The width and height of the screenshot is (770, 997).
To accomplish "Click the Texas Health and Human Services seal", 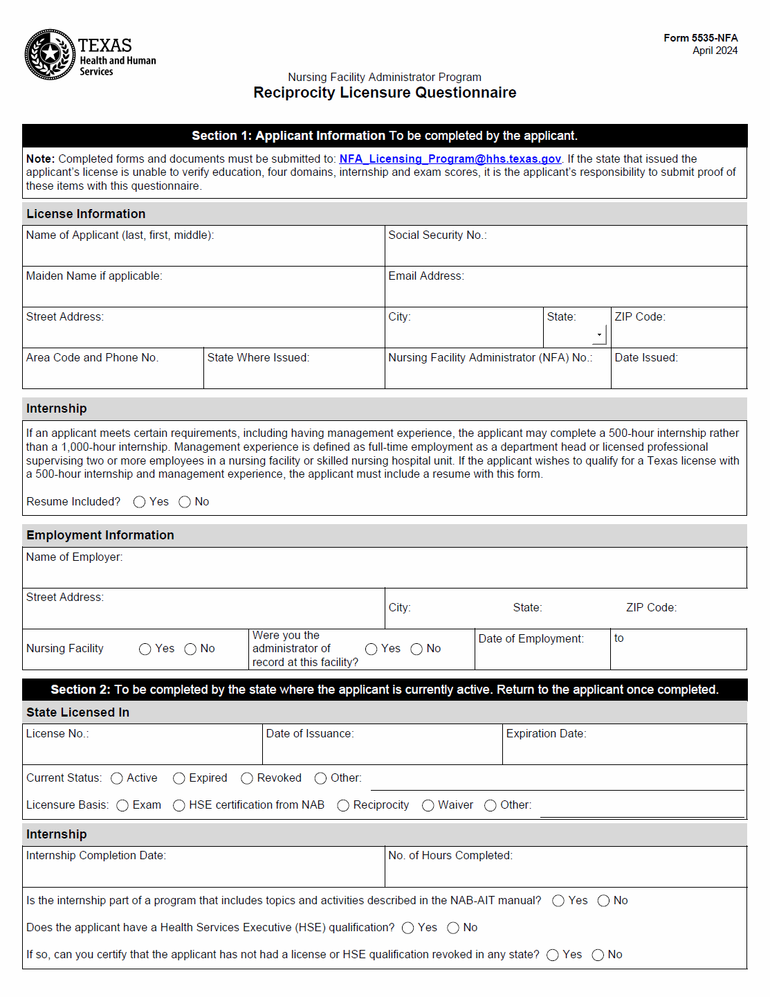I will pyautogui.click(x=50, y=54).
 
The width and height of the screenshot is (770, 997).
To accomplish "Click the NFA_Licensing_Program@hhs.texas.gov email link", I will pyautogui.click(x=450, y=159).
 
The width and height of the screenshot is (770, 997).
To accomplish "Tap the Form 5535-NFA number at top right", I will pyautogui.click(x=700, y=38).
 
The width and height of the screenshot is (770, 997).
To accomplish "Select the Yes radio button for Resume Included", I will pyautogui.click(x=140, y=502).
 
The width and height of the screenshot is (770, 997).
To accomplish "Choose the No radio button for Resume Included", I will pyautogui.click(x=185, y=502).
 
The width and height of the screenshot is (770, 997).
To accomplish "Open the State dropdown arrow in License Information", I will pyautogui.click(x=599, y=335).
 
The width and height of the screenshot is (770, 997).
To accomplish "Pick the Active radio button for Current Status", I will pyautogui.click(x=117, y=778).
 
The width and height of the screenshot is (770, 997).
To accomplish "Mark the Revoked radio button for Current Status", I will pyautogui.click(x=247, y=778).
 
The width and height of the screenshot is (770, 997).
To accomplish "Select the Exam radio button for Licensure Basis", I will pyautogui.click(x=122, y=805).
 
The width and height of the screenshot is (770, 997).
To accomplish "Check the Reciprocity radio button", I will pyautogui.click(x=343, y=805).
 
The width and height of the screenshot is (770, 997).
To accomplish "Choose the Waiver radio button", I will pyautogui.click(x=428, y=805).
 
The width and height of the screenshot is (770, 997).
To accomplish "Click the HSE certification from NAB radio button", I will pyautogui.click(x=179, y=805).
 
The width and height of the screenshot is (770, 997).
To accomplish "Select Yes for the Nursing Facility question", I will pyautogui.click(x=145, y=649).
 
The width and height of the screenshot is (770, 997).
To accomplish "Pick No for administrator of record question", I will pyautogui.click(x=416, y=649).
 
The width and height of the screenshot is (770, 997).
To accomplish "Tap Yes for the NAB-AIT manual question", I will pyautogui.click(x=558, y=901).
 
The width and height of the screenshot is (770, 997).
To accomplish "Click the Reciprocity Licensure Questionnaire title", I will pyautogui.click(x=385, y=93).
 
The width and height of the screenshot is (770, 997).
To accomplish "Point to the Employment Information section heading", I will pyautogui.click(x=100, y=535).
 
